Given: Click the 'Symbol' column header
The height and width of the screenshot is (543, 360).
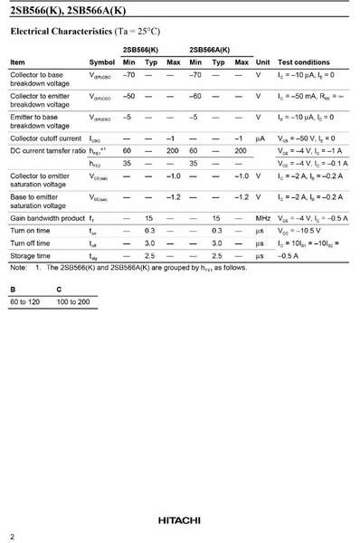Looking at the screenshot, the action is [101, 62].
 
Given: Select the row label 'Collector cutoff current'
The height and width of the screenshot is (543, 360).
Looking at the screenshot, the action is [45, 138].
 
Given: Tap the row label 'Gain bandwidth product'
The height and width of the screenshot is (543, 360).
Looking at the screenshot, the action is [47, 218].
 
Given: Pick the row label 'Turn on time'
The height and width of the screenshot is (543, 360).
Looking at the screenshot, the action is [31, 231].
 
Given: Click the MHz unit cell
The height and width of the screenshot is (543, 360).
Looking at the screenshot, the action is [262, 218].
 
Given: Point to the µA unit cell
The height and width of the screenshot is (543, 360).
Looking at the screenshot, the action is [261, 138].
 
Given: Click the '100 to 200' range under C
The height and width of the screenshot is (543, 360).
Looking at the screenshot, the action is [73, 300].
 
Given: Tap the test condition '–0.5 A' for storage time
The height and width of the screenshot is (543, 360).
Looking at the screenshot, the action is [290, 256].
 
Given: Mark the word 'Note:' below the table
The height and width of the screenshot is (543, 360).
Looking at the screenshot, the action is [19, 268].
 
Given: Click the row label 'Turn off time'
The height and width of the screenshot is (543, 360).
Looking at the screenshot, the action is [31, 243].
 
